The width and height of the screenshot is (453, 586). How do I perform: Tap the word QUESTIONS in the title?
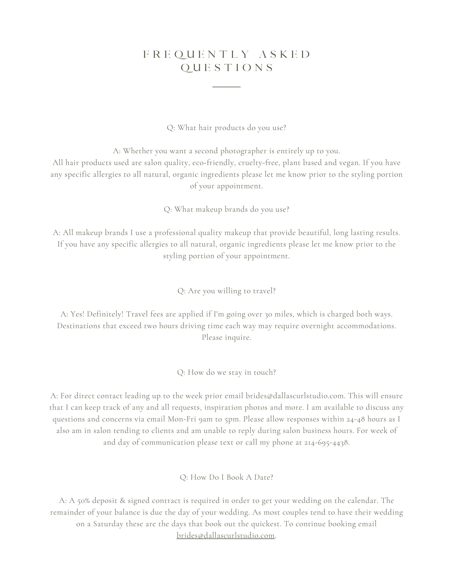(227, 68)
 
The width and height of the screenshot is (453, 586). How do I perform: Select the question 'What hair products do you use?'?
(226, 128)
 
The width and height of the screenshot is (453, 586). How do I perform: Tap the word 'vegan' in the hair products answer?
(349, 163)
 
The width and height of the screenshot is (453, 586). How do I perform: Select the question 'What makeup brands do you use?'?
(226, 209)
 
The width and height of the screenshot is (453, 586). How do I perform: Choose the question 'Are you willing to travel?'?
(226, 291)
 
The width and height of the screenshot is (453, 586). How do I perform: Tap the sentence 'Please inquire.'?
(226, 338)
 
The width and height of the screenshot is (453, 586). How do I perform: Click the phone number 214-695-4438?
(326, 443)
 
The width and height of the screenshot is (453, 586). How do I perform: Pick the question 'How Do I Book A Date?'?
(226, 477)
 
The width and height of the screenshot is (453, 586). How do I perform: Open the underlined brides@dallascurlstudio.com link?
(225, 536)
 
